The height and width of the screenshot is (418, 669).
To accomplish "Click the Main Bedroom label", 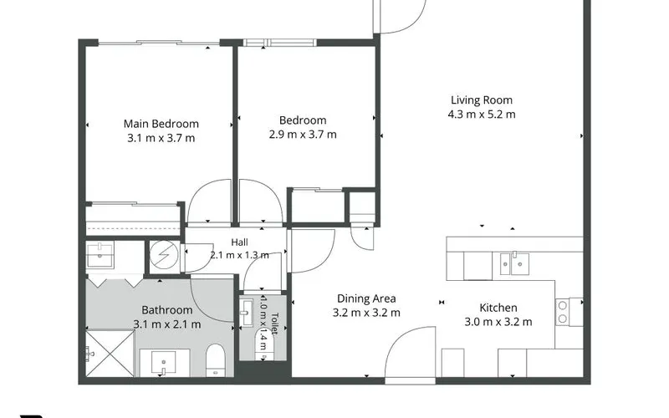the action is point(161,124).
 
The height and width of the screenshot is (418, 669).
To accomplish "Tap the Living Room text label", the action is point(482,100).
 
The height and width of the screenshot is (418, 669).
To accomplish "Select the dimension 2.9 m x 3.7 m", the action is point(303,135).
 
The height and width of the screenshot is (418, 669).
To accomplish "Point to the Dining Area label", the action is point(366,298).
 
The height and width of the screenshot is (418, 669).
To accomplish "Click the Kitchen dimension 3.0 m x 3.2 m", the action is point(498,322).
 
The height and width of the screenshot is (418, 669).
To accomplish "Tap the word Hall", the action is point(239,242).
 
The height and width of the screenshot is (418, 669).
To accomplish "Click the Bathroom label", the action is point(166,310).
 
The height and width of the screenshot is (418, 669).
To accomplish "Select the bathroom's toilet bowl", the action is point(216,360).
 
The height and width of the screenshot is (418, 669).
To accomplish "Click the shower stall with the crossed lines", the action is point(110,354).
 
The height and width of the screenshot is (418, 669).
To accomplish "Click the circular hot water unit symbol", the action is point(164,255).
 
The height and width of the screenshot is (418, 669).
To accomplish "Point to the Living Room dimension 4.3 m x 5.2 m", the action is point(482,115).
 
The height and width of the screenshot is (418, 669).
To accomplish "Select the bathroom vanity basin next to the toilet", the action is point(164,364).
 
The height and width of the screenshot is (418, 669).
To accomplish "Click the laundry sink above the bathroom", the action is point(100,256).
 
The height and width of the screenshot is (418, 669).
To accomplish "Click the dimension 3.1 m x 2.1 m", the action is point(166,324).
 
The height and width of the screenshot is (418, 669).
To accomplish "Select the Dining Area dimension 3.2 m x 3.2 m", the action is point(366,313).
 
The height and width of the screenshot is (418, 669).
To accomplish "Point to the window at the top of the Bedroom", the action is point(279,43).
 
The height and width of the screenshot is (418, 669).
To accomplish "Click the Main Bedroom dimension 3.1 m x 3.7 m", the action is point(161,138).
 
